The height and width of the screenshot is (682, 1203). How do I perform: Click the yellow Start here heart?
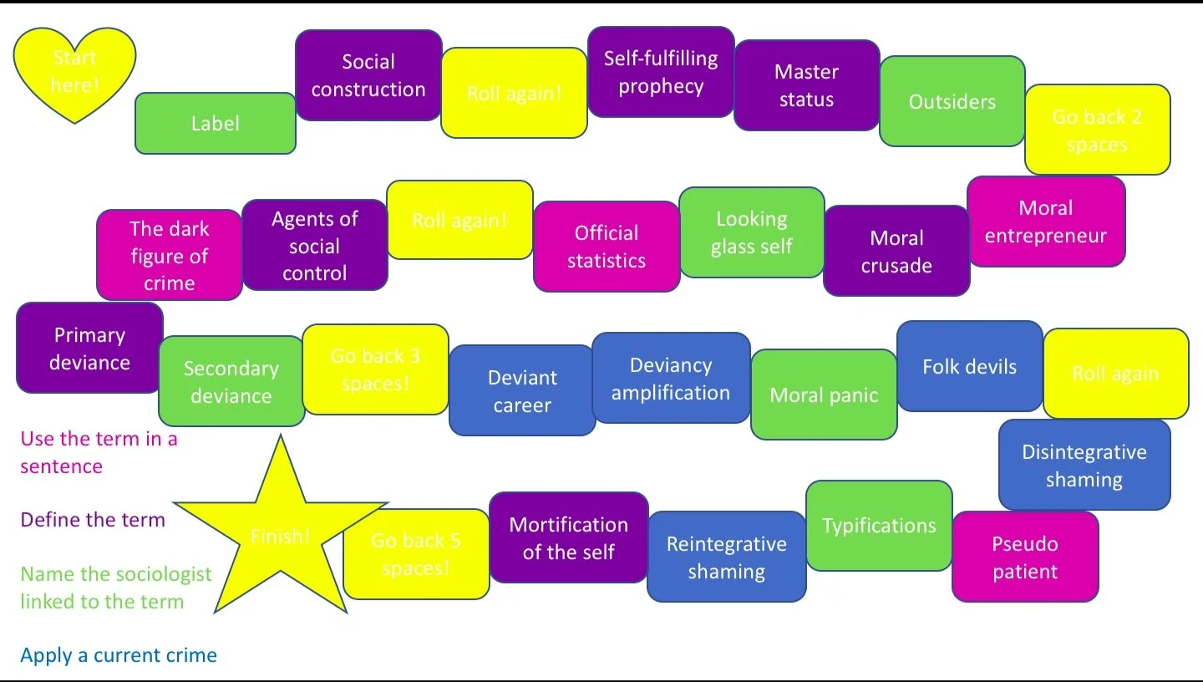74,74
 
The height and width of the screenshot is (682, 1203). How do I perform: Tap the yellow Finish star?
281,535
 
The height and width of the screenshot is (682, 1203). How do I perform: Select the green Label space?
215,124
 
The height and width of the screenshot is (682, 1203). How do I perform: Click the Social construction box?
368,75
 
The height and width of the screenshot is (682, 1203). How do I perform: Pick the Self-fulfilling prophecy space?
661,72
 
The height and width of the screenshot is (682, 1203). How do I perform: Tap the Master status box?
806,85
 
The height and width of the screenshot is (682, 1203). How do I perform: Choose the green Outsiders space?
952,102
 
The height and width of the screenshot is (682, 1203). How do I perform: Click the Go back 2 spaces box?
1097,130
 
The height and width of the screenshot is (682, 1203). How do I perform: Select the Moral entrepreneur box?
1046,221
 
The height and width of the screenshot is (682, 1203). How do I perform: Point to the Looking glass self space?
752,232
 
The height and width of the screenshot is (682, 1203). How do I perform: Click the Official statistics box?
607,247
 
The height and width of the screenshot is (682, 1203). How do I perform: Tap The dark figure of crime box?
170,255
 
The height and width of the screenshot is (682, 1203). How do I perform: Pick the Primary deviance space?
89,348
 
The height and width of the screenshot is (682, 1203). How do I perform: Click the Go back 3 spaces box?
375,369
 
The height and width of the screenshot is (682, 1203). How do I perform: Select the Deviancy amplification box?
671,379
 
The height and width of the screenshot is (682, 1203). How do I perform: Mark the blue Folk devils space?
969,366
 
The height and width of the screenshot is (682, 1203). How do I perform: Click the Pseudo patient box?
1025,557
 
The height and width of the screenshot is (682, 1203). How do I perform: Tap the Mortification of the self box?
568,537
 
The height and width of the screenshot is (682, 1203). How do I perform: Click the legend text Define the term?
93,520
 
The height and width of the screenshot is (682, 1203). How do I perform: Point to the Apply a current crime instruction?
119,655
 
